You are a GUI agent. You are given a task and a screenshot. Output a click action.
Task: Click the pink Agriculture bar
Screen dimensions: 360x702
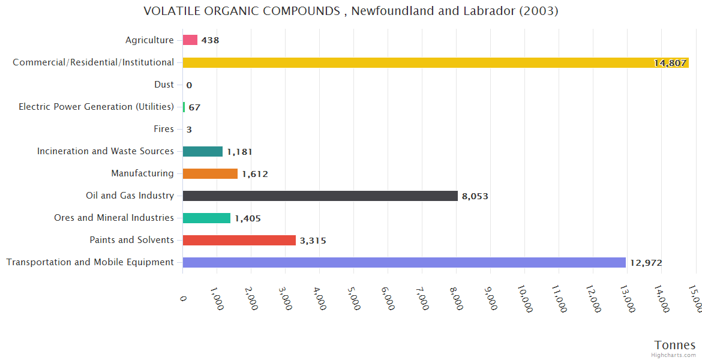(190, 40)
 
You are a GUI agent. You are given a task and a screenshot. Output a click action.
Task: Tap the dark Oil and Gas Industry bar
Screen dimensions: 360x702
(320, 196)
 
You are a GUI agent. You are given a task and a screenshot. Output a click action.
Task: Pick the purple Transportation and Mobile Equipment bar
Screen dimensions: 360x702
(404, 262)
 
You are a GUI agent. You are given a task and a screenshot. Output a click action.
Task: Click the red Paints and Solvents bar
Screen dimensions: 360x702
(239, 240)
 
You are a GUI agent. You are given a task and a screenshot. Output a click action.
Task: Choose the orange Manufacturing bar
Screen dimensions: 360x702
(210, 173)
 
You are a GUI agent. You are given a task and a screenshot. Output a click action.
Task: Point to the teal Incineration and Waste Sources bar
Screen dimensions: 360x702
(202, 151)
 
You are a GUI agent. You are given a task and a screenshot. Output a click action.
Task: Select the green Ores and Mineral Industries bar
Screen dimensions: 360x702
(206, 218)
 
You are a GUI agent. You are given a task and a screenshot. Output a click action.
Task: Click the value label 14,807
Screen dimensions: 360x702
(670, 63)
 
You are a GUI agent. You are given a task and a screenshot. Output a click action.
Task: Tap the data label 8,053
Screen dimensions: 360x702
(475, 196)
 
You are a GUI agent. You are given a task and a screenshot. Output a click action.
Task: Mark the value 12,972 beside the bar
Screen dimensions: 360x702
(646, 263)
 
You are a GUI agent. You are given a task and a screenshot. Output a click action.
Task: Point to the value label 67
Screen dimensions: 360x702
(194, 107)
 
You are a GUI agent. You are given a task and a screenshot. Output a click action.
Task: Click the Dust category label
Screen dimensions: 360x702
(164, 85)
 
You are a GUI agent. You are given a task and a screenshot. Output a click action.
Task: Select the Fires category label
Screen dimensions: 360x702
(164, 129)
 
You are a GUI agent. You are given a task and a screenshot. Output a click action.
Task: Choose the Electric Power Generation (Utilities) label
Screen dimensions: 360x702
(96, 107)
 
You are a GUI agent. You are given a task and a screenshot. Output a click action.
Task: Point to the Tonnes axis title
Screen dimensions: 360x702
(674, 345)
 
